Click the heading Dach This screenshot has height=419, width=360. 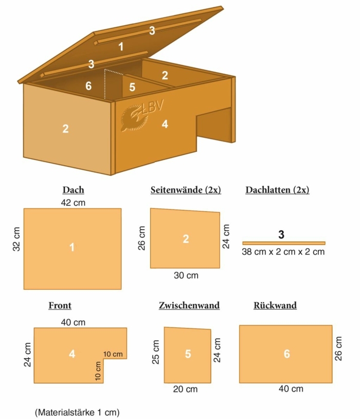click(x=73, y=190)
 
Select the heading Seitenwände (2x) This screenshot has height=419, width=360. click(x=186, y=190)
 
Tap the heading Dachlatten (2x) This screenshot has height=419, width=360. click(x=278, y=190)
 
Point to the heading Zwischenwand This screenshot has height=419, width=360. click(x=189, y=305)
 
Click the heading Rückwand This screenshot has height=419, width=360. click(x=275, y=305)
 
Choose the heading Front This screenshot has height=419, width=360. click(x=60, y=305)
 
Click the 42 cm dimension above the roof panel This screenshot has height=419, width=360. click(x=73, y=203)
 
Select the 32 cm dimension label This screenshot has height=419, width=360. click(x=16, y=239)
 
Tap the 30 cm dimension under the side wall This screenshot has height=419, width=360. click(x=186, y=275)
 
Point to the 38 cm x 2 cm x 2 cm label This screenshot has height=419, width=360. click(x=283, y=252)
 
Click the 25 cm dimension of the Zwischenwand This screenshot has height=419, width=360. click(x=156, y=352)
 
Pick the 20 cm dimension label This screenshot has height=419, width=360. click(x=185, y=389)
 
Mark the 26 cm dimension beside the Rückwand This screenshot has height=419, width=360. click(x=338, y=348)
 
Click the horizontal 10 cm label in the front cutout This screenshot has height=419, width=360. click(x=113, y=354)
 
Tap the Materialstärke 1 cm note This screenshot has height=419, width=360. click(x=77, y=412)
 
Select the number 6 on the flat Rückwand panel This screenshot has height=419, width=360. click(x=286, y=354)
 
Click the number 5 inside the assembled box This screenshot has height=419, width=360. click(x=132, y=87)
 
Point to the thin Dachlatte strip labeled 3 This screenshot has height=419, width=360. click(x=284, y=243)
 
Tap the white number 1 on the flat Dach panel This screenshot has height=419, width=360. click(x=72, y=248)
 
